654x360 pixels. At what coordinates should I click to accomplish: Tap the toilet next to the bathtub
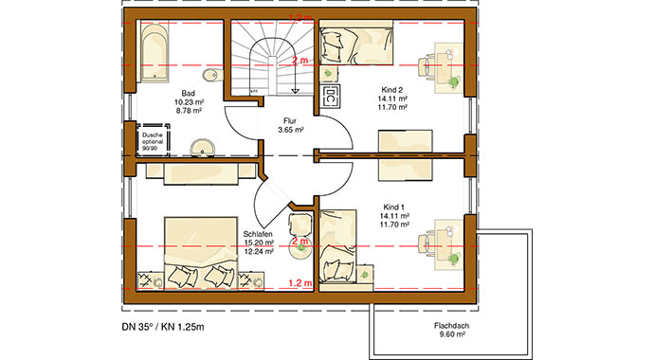click(x=209, y=76)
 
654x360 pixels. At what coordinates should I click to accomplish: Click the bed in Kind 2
click(x=356, y=43)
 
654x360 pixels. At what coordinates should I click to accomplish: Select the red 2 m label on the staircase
click(x=300, y=61)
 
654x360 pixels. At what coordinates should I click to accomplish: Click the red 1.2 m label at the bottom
click(x=299, y=282)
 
